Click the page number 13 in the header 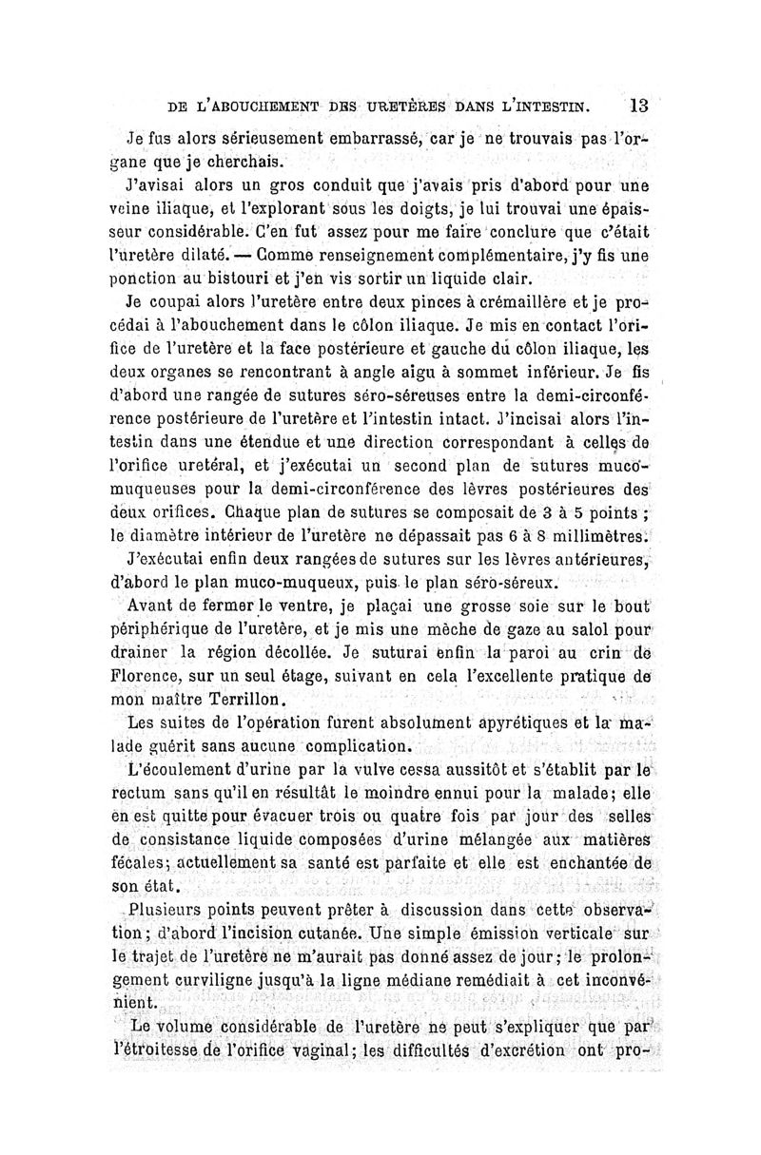click(638, 104)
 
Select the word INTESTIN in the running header click(556, 105)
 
